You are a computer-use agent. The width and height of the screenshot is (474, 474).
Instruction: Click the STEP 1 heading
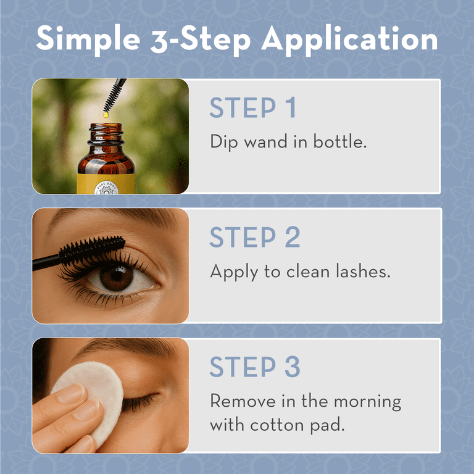pyautogui.click(x=252, y=107)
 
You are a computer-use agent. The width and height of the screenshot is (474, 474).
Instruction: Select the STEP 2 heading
pyautogui.click(x=254, y=237)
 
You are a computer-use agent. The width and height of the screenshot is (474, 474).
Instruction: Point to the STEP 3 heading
pyautogui.click(x=254, y=367)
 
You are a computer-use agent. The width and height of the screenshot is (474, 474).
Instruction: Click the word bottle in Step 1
pyautogui.click(x=339, y=141)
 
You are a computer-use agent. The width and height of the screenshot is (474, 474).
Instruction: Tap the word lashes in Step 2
pyautogui.click(x=363, y=271)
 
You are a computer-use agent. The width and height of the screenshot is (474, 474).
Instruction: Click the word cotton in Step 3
pyautogui.click(x=277, y=425)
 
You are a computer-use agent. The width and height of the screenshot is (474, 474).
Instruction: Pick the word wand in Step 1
pyautogui.click(x=266, y=141)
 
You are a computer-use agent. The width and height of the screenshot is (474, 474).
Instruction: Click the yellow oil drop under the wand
pyautogui.click(x=106, y=115)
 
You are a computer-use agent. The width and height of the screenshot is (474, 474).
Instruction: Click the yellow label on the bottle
pyautogui.click(x=106, y=183)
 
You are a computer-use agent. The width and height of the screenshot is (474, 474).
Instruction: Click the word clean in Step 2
pyautogui.click(x=308, y=271)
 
